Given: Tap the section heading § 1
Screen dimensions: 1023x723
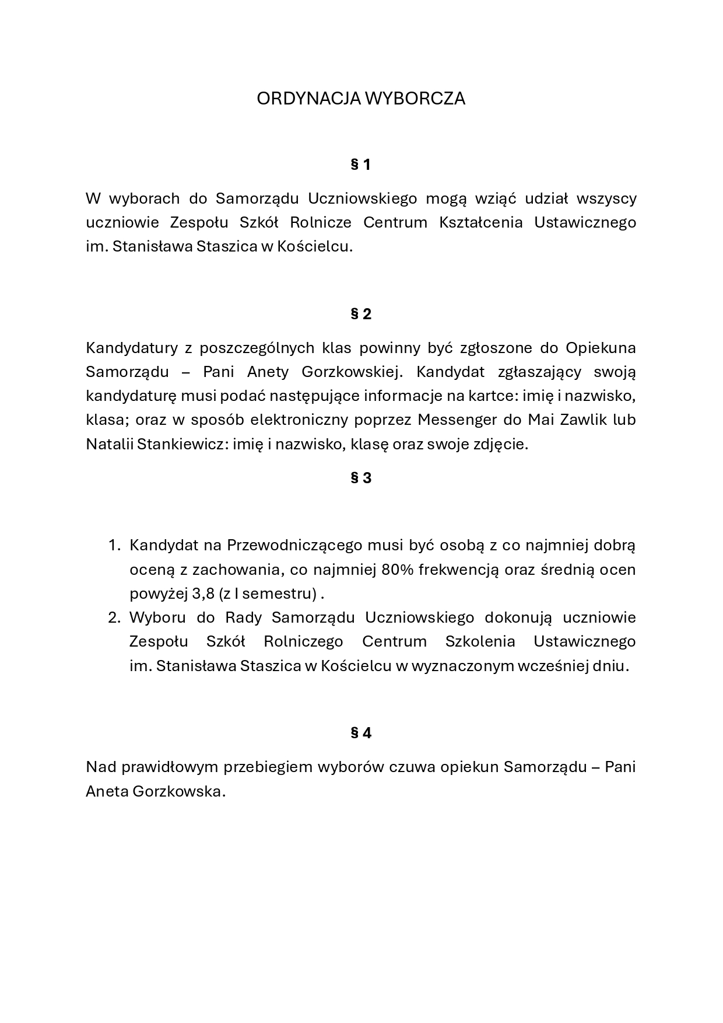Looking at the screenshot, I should (361, 165).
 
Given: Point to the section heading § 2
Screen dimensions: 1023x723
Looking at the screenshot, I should (361, 315).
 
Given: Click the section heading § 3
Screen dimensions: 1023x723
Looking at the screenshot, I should (361, 479).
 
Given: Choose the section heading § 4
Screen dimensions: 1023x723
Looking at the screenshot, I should (361, 733).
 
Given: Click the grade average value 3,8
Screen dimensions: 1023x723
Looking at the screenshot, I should (203, 594).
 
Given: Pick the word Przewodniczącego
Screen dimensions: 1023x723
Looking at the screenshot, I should (294, 545).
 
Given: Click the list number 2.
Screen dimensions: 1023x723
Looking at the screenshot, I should (114, 617).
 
